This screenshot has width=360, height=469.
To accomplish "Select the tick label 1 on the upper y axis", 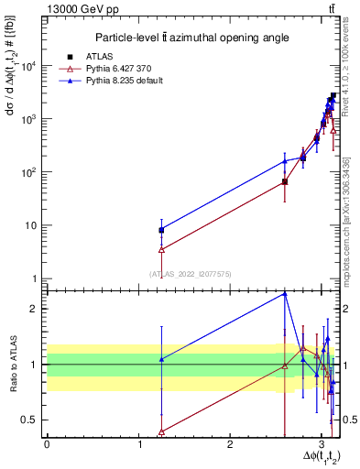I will pos(36,278).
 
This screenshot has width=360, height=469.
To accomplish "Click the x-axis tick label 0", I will pos(47,442).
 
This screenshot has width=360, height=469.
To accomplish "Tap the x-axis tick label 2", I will pos(229,442).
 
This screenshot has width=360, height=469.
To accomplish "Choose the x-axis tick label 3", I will pos(320,442).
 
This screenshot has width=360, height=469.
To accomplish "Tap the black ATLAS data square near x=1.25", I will pos(161,230).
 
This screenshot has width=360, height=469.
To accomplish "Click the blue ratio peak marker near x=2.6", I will pos(285,293).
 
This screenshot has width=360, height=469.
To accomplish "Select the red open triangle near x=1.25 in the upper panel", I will pos(161,249).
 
